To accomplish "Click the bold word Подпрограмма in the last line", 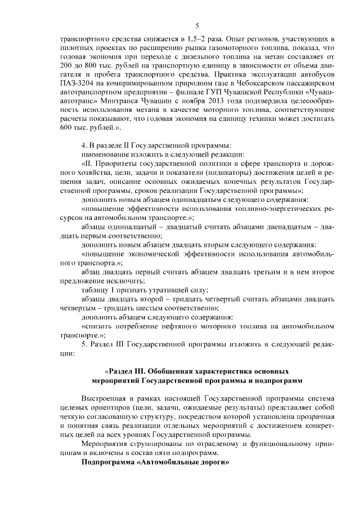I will click(x=109, y=462).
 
